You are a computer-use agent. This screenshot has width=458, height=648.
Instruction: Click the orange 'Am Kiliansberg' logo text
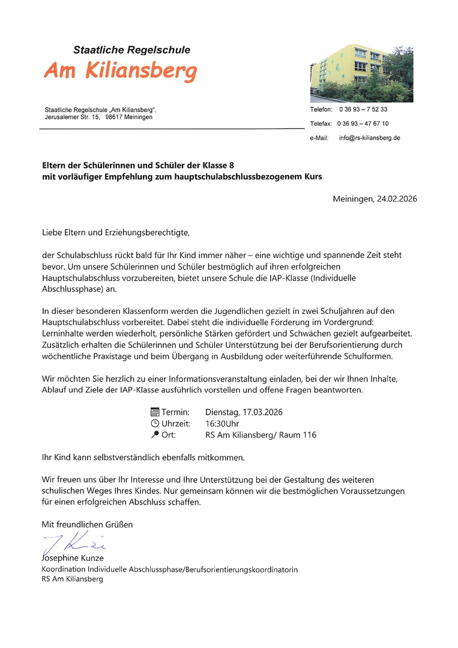pyautogui.click(x=120, y=72)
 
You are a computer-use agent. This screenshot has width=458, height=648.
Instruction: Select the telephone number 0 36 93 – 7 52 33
pyautogui.click(x=363, y=109)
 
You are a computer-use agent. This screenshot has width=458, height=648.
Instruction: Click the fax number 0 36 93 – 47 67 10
pyautogui.click(x=363, y=124)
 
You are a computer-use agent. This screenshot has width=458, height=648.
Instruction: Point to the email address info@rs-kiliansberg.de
pyautogui.click(x=369, y=138)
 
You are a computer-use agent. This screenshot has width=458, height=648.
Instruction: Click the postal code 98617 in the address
pyautogui.click(x=115, y=117)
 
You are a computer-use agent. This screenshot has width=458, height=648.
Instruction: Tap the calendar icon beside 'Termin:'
pyautogui.click(x=155, y=412)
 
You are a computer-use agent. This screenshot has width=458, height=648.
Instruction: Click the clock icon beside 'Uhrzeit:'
pyautogui.click(x=155, y=424)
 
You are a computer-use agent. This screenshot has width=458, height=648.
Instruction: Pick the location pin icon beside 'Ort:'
pyautogui.click(x=155, y=435)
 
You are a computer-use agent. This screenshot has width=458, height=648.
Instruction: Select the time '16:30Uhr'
pyautogui.click(x=222, y=424)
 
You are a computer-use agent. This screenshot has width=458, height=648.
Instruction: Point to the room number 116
pyautogui.click(x=309, y=435)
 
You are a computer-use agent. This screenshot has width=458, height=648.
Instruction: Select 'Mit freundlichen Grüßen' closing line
pyautogui.click(x=87, y=524)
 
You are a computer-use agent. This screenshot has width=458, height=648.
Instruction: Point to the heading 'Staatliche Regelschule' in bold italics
pyautogui.click(x=131, y=50)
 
